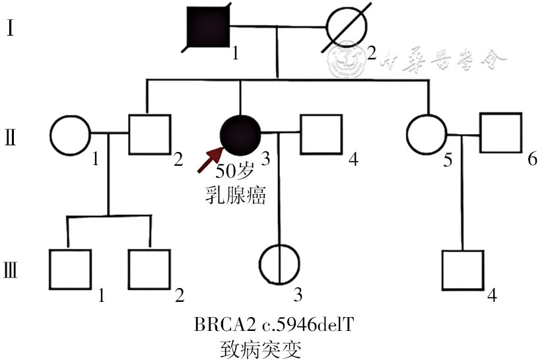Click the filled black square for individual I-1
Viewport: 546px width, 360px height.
[x=208, y=26]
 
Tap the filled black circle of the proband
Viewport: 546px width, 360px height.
[x=240, y=135]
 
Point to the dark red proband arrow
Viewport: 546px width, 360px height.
[x=210, y=160]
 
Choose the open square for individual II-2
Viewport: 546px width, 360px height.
[x=129, y=135]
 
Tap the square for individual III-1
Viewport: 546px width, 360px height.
[x=50, y=270]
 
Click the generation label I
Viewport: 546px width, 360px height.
[x=11, y=28]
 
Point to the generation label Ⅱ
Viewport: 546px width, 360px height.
[x=11, y=137]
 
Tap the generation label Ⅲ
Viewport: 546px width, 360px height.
[x=11, y=270]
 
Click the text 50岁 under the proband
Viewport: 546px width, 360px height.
[x=234, y=171]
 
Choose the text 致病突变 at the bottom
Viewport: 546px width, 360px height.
[x=261, y=349]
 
